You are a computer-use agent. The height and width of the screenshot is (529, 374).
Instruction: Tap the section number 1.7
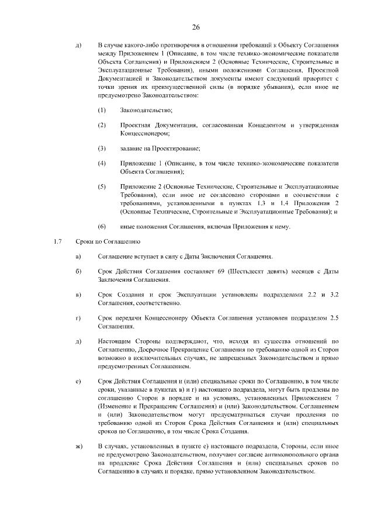coord(57,241)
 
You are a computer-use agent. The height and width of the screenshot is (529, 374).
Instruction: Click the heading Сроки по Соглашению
coord(108,241)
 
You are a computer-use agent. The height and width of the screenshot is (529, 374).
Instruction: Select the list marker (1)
coord(102,110)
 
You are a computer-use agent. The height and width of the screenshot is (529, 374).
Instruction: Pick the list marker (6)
coord(102,226)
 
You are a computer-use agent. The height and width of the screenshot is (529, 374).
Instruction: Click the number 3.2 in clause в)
coord(335,296)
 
